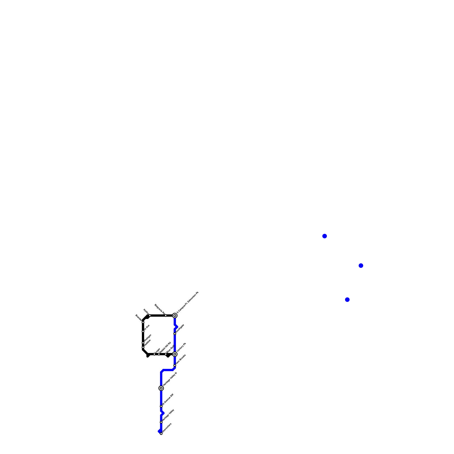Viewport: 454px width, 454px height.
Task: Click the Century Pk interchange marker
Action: [175, 354]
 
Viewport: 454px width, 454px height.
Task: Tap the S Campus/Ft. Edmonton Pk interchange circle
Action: [175, 316]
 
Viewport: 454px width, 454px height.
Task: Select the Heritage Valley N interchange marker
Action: [161, 388]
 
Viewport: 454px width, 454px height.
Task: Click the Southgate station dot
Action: [175, 334]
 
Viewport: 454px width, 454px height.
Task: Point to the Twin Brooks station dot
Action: [175, 366]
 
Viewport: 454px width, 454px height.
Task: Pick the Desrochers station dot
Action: [161, 434]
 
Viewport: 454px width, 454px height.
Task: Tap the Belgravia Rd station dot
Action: [166, 316]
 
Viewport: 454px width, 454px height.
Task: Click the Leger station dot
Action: [154, 354]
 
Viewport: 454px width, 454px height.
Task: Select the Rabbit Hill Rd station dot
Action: [159, 354]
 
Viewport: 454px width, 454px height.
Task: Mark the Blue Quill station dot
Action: [166, 354]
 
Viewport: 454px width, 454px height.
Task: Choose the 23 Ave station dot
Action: [143, 331]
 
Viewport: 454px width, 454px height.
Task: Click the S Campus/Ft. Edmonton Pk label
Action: [188, 302]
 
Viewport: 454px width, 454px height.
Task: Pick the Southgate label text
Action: [180, 329]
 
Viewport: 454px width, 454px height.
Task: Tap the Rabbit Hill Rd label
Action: [165, 347]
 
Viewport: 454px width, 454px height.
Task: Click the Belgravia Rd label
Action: [160, 309]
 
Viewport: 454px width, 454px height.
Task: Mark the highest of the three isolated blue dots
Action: [325, 236]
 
